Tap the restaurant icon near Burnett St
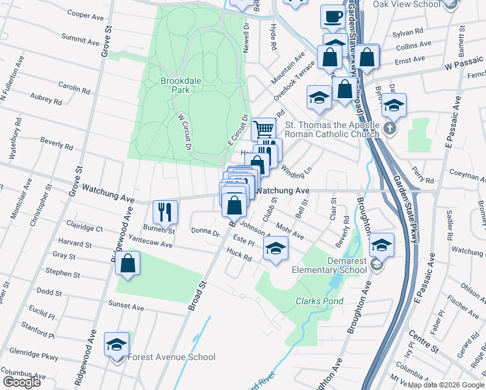164,211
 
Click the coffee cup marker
333,17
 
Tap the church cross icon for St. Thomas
389,128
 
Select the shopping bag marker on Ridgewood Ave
128,264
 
